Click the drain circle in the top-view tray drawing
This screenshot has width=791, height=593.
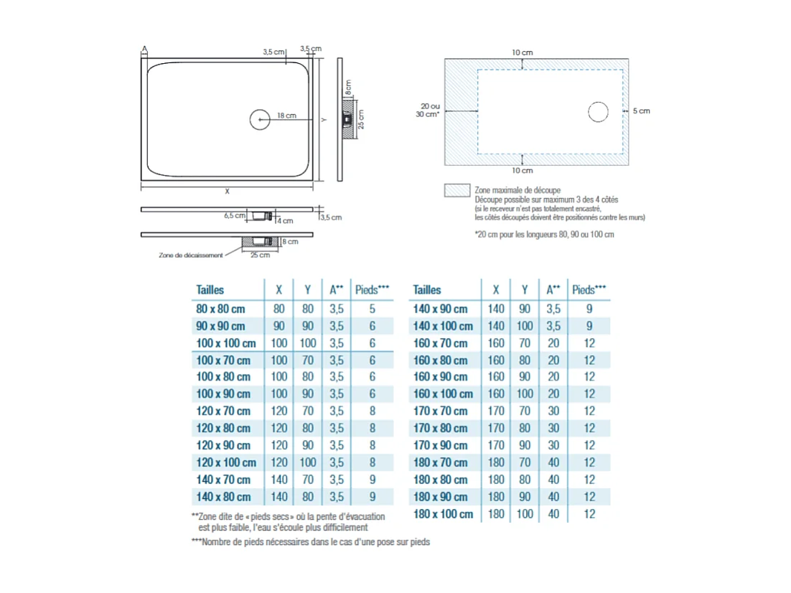[260, 119]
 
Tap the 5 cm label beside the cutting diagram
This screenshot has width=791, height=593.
[641, 111]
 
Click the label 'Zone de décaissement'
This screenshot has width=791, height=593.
[190, 255]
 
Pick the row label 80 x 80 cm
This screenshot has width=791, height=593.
[220, 309]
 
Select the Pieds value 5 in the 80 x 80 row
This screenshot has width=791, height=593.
[372, 309]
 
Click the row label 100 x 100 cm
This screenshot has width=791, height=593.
[225, 343]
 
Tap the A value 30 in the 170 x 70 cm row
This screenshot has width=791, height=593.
[553, 411]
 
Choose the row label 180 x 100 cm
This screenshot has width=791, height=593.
[443, 514]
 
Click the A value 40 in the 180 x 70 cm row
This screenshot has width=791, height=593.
[553, 462]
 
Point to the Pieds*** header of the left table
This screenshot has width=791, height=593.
[372, 290]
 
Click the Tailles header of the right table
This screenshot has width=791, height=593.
[427, 290]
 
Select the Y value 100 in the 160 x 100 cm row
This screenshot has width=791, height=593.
[525, 394]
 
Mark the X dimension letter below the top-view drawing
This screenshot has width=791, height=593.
[227, 192]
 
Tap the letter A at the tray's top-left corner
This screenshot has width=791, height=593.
[144, 49]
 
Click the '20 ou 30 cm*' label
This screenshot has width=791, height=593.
[429, 110]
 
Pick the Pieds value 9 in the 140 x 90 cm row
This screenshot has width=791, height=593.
[589, 309]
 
